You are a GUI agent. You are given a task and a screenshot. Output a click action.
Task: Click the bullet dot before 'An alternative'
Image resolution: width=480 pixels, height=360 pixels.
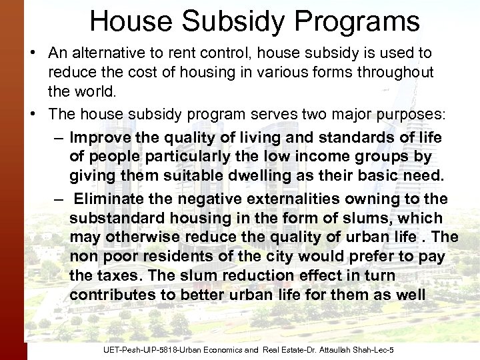click(x=33, y=53)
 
